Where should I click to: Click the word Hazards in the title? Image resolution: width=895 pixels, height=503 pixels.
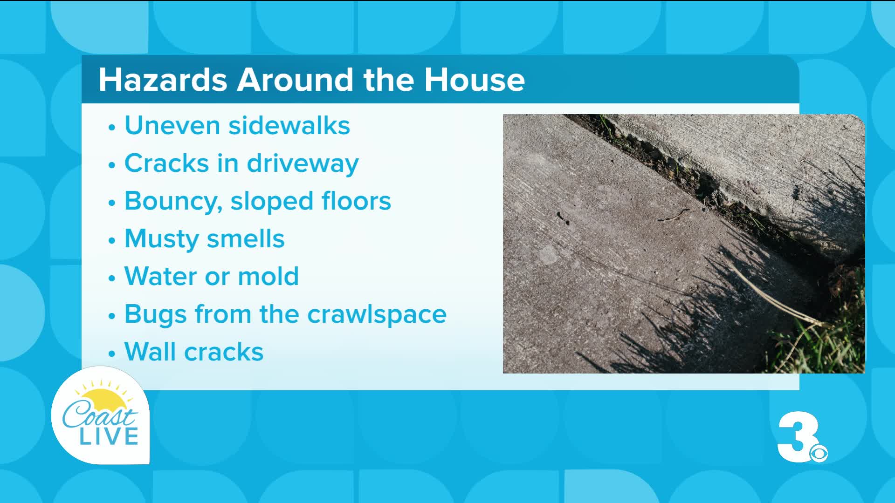[x=163, y=80]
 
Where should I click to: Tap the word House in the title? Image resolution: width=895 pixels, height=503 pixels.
[x=474, y=80]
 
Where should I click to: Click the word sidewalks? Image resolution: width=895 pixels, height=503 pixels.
[x=289, y=125]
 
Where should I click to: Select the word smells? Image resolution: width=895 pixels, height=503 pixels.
[x=245, y=238]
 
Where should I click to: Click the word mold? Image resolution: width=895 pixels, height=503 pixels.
[x=268, y=276]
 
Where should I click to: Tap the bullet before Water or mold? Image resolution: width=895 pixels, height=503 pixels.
[x=111, y=278]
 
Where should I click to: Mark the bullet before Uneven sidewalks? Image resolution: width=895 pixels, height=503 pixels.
[x=111, y=127]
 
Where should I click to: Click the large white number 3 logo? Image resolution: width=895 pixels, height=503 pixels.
[x=798, y=437]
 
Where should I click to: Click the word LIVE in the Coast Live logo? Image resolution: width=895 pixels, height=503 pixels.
[x=109, y=436]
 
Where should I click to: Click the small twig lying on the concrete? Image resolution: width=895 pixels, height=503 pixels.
[x=674, y=215]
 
